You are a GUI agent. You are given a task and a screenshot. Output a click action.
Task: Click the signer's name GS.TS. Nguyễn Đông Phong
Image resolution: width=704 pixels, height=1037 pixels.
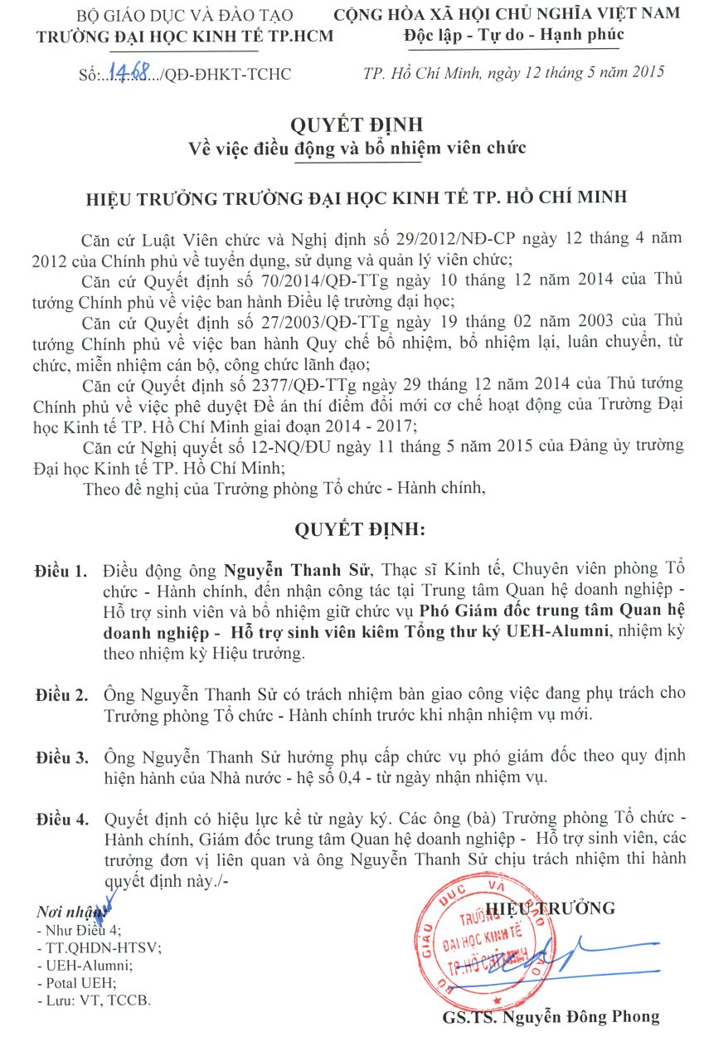click(x=551, y=1017)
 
